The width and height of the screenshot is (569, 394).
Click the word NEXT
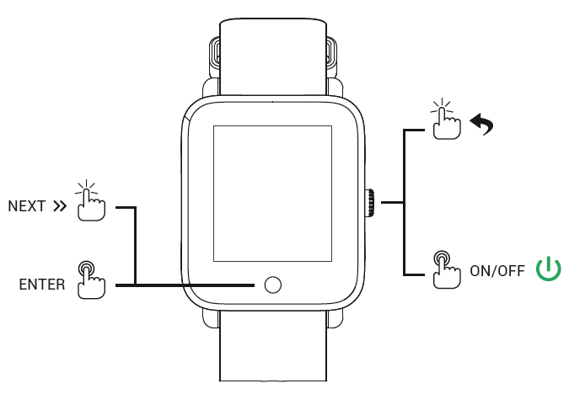coord(26,206)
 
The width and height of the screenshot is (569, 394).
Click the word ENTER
coord(41,285)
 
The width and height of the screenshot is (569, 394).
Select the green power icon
coord(549,269)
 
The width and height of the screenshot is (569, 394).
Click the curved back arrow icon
coord(481,126)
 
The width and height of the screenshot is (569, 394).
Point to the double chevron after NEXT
coord(58,206)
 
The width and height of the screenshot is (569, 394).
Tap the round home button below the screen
coord(271,285)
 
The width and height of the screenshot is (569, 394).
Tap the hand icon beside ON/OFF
coord(444,269)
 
